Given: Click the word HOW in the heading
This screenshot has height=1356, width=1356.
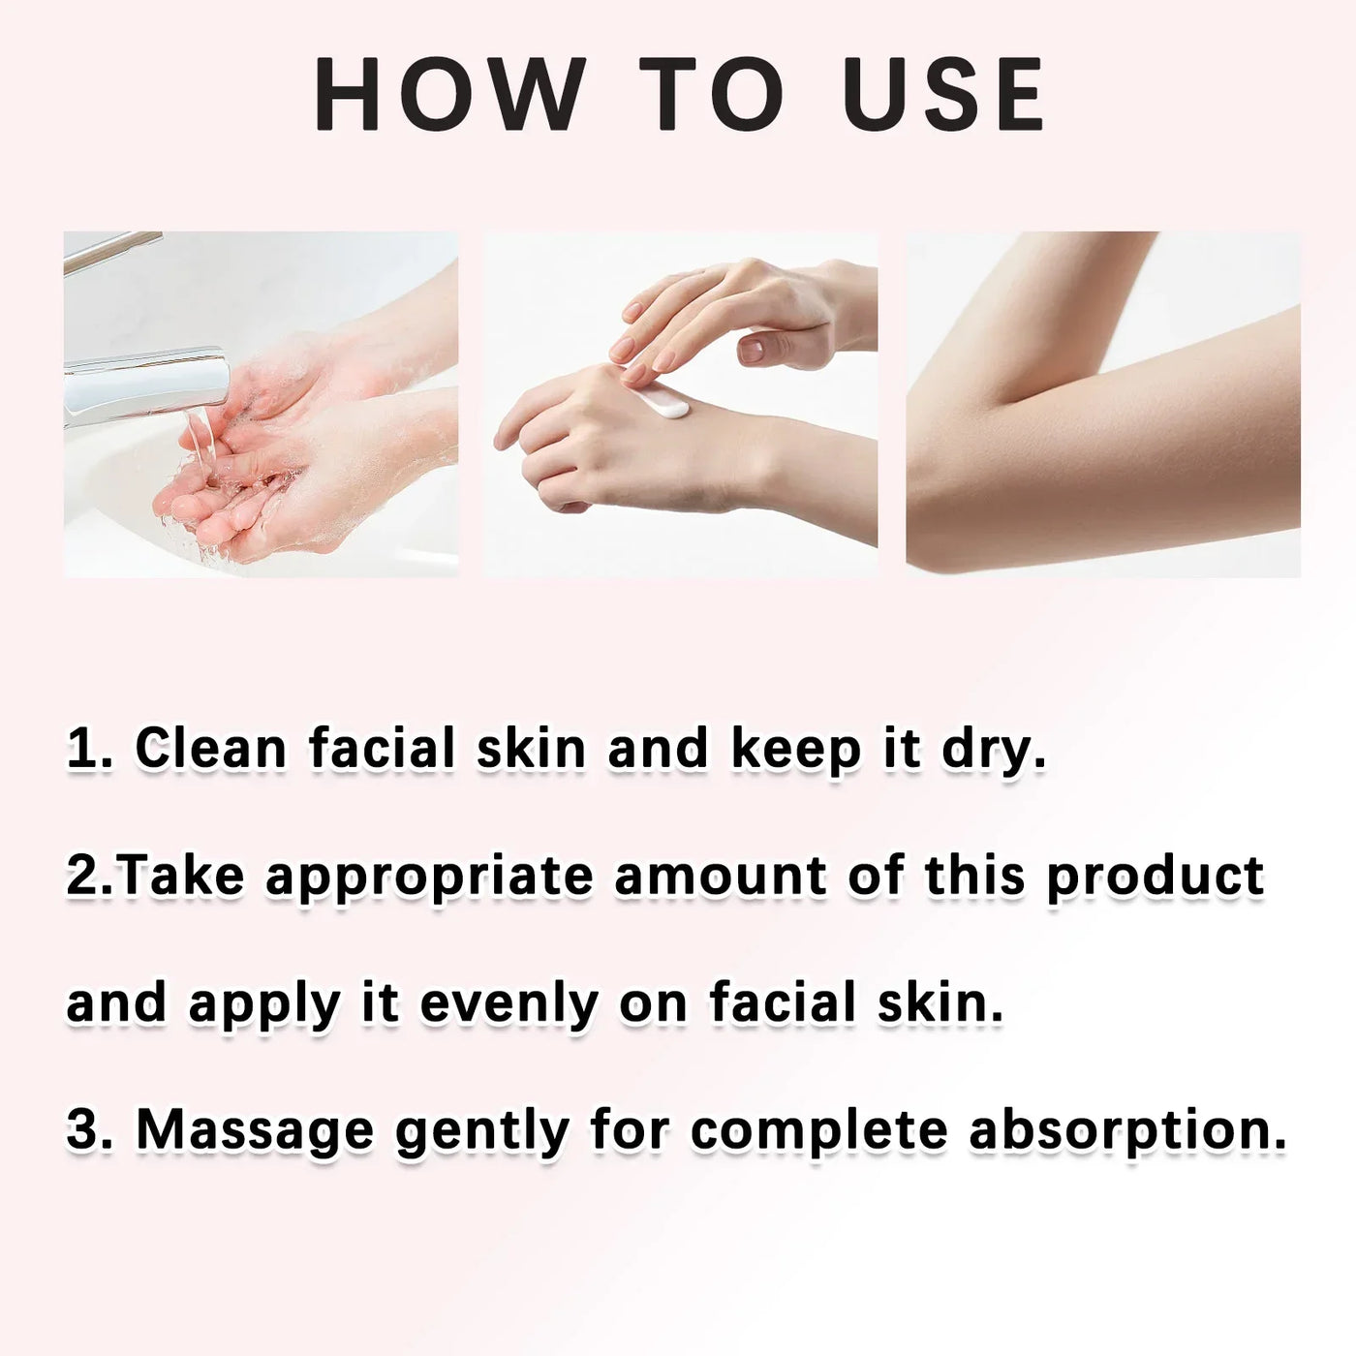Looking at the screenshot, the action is coord(450,94).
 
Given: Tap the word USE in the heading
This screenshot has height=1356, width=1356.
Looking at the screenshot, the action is coord(943,94).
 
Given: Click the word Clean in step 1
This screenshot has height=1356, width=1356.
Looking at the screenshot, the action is coord(210,748).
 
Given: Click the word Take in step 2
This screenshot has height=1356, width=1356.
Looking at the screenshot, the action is coord(183,877).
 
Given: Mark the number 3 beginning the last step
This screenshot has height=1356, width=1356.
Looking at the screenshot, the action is coord(82,1130).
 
